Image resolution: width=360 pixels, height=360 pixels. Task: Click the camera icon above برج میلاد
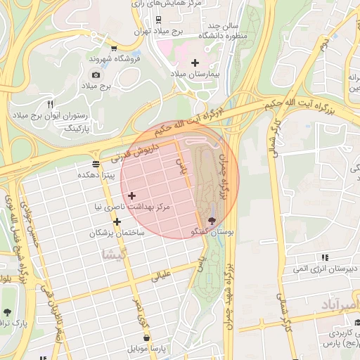pyautogui.click(x=96, y=75)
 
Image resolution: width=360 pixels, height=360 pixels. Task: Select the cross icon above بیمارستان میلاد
pyautogui.click(x=195, y=63)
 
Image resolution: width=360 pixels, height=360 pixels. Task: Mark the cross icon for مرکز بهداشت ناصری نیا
pyautogui.click(x=131, y=195)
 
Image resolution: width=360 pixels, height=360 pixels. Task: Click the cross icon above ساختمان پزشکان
pyautogui.click(x=117, y=221)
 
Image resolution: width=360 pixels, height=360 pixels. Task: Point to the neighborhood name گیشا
pyautogui.click(x=112, y=252)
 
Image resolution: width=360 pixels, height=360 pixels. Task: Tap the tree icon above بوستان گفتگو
pyautogui.click(x=213, y=221)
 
